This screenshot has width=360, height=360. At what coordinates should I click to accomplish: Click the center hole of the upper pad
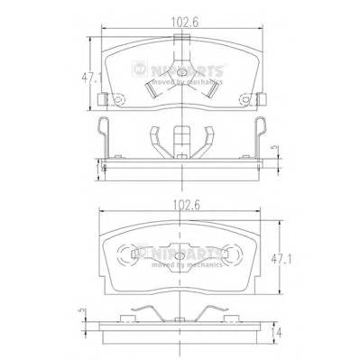(180, 74)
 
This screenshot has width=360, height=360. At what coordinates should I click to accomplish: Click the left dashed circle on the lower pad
(138, 254)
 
